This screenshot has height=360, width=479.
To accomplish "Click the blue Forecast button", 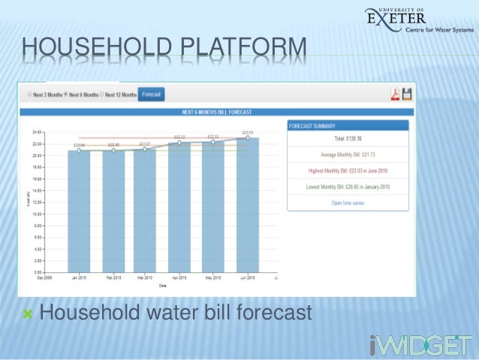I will tap(151, 95).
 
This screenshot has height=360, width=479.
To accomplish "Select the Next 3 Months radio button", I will tap(29, 95).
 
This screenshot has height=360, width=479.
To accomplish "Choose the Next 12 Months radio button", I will tap(101, 95).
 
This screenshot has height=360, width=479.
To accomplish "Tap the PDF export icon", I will tap(393, 95).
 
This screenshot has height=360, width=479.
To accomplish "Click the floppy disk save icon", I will tap(407, 95).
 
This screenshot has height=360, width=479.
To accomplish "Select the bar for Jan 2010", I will tap(79, 210).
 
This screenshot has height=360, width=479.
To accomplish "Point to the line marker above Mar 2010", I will tap(145, 150).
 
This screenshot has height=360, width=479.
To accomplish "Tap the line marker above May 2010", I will tap(213, 142).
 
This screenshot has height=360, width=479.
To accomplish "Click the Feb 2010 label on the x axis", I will tap(113, 277).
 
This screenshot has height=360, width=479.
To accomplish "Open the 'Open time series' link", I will tap(348, 203).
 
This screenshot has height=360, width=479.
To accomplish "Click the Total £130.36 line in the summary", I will tap(348, 139).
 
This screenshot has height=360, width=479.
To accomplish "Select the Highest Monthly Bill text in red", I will tap(348, 171).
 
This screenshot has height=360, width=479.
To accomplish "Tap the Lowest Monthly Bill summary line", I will tap(348, 186).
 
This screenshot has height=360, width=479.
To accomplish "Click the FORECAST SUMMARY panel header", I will tap(348, 126).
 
